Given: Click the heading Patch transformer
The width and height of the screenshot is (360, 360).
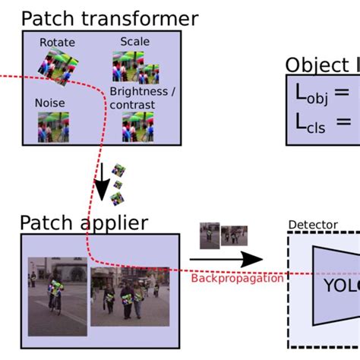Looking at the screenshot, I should click(x=109, y=17).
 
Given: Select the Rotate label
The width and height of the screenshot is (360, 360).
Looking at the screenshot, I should click(x=58, y=43).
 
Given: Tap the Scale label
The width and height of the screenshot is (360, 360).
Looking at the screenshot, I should click(x=134, y=42).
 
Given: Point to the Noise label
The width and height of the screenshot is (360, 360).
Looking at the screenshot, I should click(x=49, y=103).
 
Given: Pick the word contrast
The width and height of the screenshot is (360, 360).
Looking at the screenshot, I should click(x=127, y=104).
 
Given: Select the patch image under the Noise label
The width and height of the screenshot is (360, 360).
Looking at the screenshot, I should click(x=53, y=127).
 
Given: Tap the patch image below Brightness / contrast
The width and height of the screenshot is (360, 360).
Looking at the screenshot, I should click(x=138, y=127).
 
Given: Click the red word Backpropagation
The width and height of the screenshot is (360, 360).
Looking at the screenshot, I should click(x=237, y=278).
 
